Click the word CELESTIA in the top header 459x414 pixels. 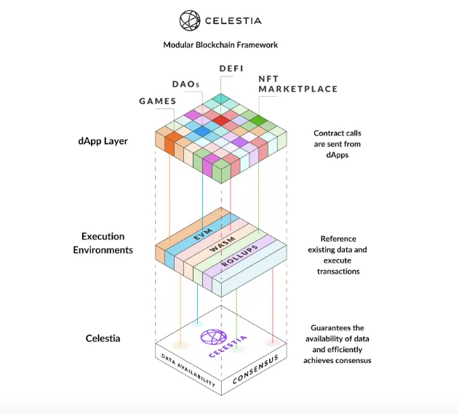(233, 21)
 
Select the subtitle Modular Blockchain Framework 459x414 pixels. (220, 44)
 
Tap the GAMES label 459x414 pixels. (158, 101)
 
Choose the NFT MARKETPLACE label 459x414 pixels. (298, 84)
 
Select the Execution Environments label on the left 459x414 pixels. (103, 243)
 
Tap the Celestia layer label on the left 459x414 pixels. (103, 338)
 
